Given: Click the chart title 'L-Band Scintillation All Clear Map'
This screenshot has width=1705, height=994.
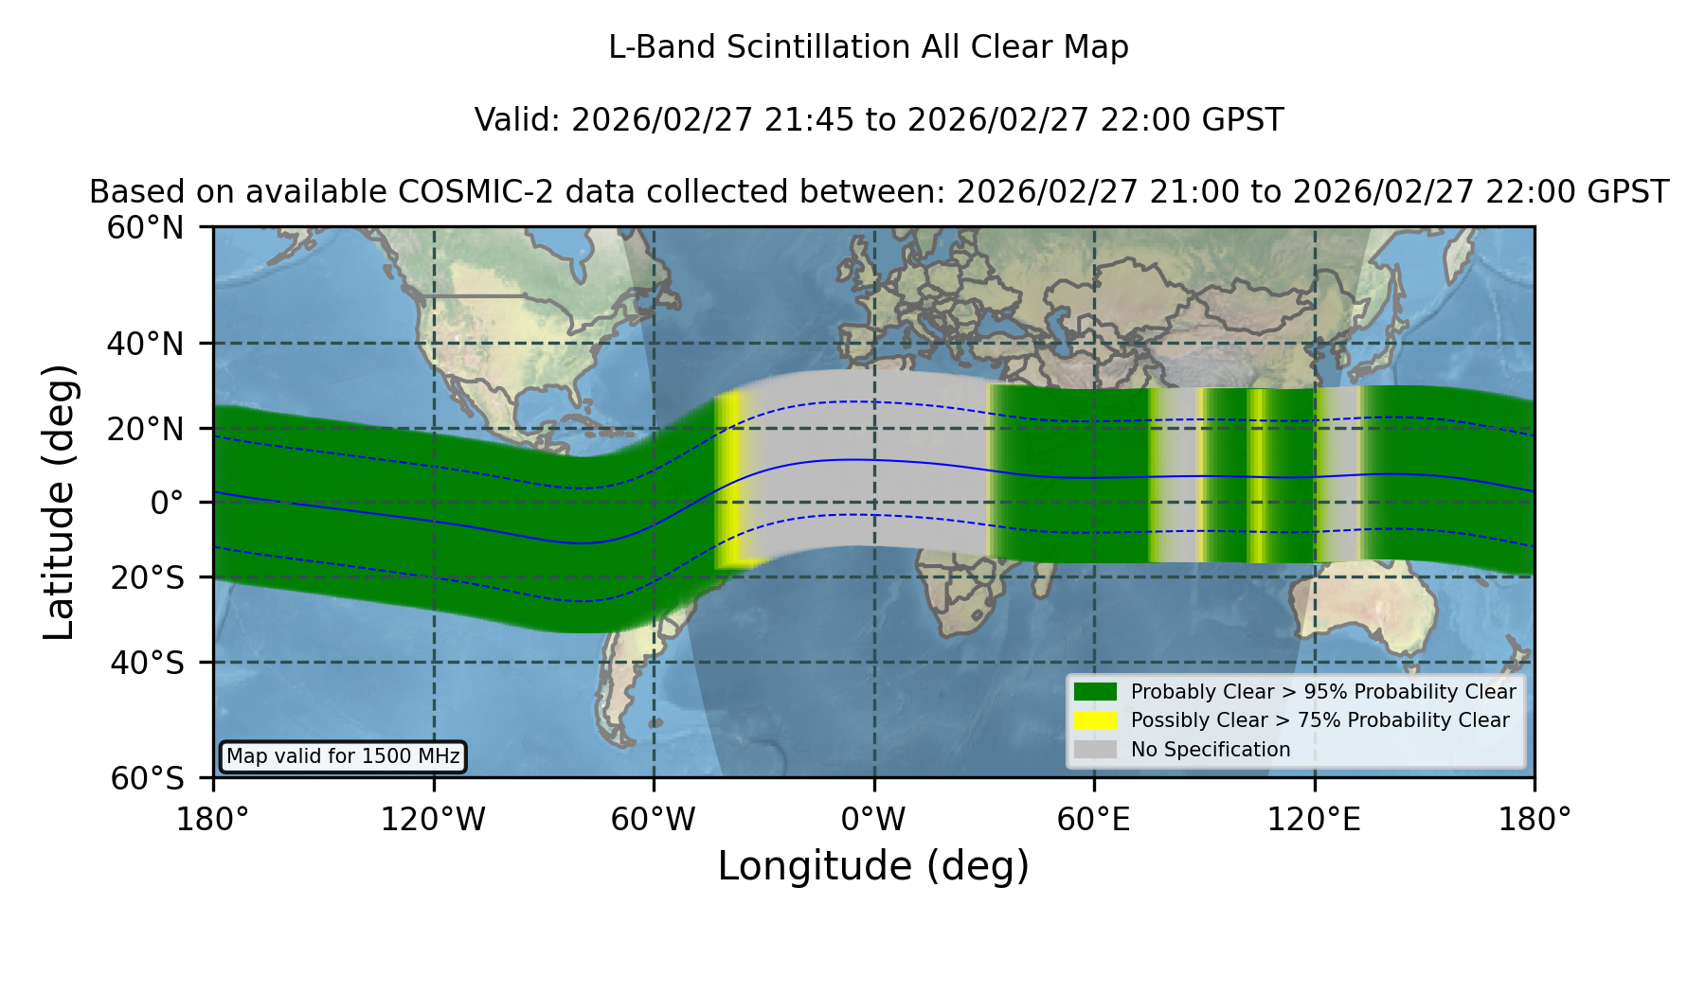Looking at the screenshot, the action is pos(869,47).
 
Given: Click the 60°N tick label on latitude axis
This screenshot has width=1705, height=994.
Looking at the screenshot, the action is pos(145,228).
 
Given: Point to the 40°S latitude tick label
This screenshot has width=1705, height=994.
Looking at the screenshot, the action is pos(147,663).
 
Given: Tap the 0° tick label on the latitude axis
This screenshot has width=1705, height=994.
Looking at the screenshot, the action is pos(167,503).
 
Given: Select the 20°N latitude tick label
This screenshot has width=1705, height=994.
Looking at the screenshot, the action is pos(145,429).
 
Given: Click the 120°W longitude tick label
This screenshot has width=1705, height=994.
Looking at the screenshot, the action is pos(433,820).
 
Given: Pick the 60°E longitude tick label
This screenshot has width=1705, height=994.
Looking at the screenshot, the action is pos(1094,820).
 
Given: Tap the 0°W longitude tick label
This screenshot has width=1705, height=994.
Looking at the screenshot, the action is pos(873,820).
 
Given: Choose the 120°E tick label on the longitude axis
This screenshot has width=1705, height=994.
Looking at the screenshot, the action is pos(1315,820).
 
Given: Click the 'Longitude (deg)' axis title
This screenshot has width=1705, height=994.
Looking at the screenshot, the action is pos(873,866).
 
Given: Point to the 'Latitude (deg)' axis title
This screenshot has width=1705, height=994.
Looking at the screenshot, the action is pos(59,502).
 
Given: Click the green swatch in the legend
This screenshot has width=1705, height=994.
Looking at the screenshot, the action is pos(1095,692).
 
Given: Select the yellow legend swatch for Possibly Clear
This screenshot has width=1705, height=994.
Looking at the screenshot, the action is pos(1095,720).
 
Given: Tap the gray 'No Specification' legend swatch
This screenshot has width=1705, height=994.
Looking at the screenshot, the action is pos(1095,750).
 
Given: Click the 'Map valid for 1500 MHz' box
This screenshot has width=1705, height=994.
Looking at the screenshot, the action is pos(343,756).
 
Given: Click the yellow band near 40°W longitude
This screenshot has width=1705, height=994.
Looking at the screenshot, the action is pos(727,480).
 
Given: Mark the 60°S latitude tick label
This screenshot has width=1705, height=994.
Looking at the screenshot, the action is pos(147,778).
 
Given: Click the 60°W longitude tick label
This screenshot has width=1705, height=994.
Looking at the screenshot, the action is pos(654,820).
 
